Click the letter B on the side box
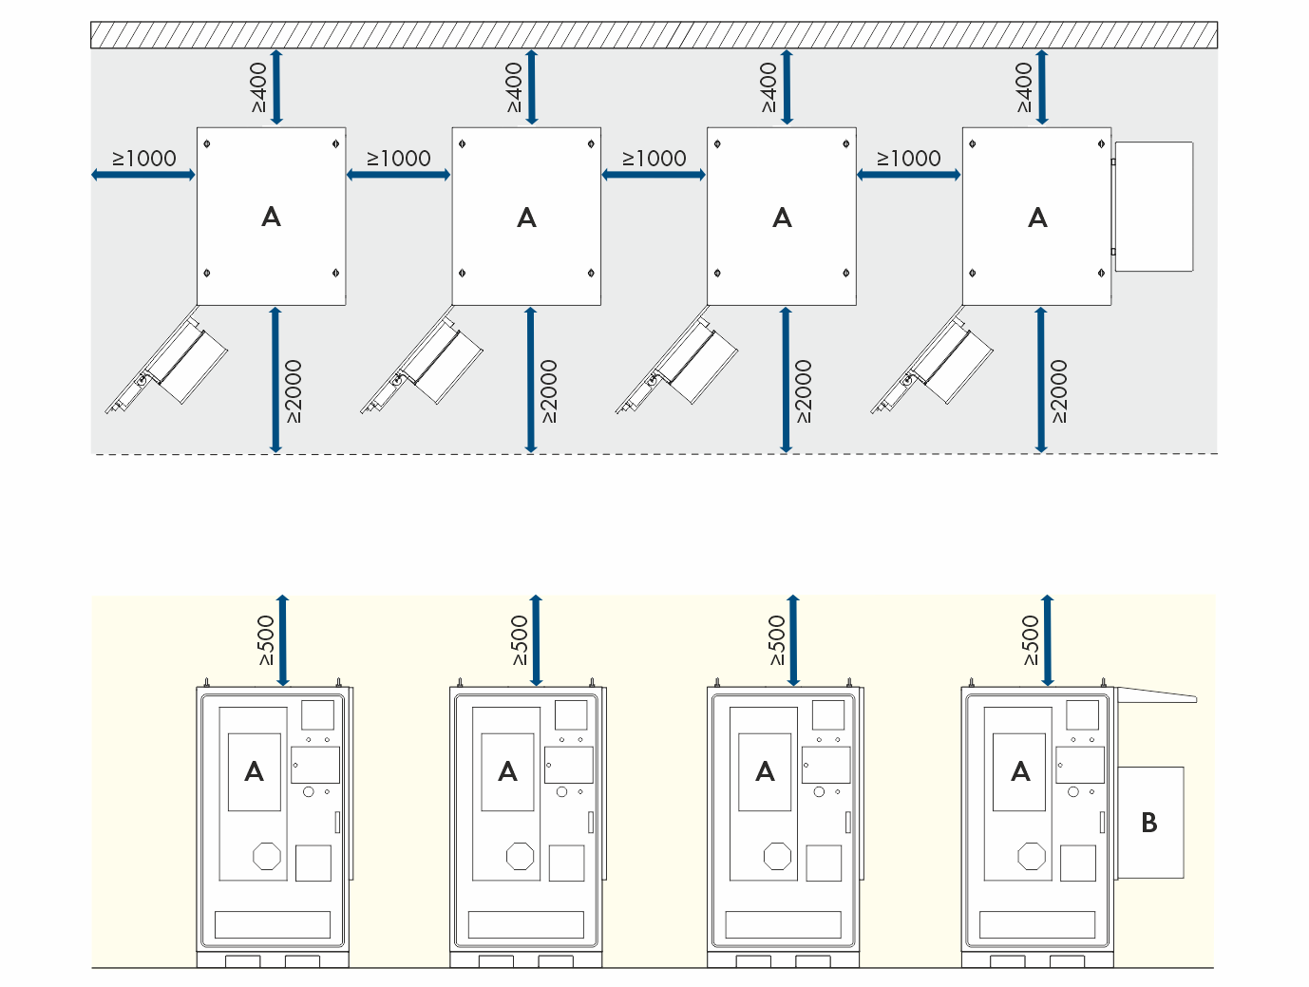(1149, 823)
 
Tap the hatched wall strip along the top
(654, 35)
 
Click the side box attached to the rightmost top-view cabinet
(1153, 206)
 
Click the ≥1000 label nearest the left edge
(144, 159)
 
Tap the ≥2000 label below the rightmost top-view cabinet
(1060, 391)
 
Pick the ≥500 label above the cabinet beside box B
(1031, 640)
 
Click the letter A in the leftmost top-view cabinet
(271, 218)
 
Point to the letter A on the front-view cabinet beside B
(1020, 771)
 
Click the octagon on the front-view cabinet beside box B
(1032, 857)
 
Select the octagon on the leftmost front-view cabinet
(267, 857)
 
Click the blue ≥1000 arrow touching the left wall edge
(143, 175)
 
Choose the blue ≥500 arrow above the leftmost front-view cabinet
(282, 640)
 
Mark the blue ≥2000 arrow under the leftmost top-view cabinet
(275, 380)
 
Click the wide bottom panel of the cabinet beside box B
(1037, 924)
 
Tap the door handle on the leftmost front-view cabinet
(337, 822)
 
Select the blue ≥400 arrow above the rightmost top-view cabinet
(1042, 87)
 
